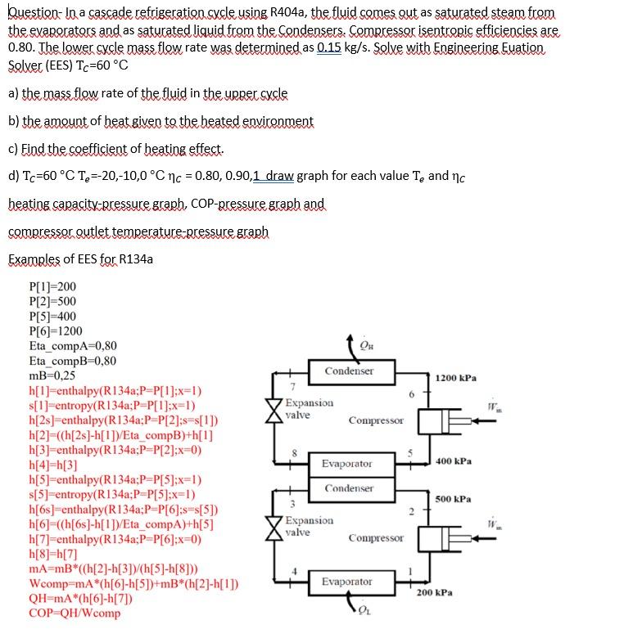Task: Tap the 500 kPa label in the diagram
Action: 452,498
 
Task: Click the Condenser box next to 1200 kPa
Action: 349,371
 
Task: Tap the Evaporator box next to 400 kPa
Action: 346,463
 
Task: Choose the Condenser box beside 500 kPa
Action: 349,488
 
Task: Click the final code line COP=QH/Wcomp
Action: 75,613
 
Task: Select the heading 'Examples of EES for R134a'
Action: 81,260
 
